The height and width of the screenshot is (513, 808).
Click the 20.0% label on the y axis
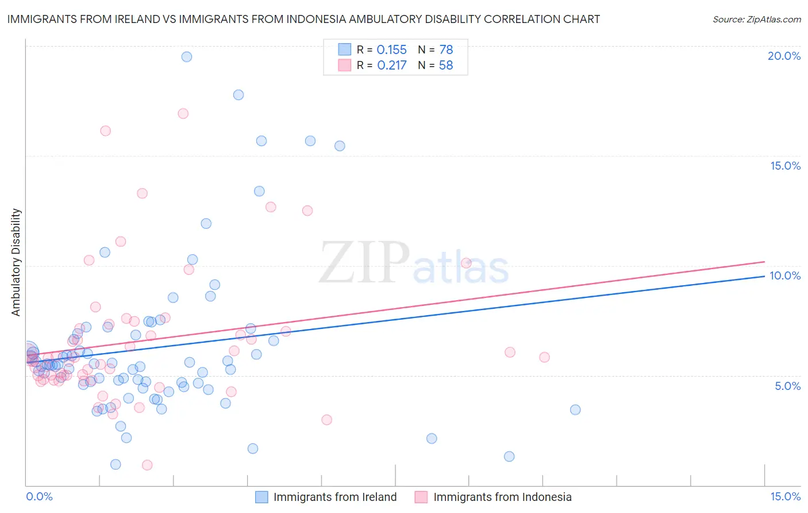tap(784, 56)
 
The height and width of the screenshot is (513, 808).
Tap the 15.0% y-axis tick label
tap(785, 166)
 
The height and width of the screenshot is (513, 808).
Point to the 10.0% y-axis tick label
tap(785, 275)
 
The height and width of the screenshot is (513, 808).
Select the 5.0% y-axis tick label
tap(787, 386)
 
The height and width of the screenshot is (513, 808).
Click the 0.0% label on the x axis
tap(39, 496)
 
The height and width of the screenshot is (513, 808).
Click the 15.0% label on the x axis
tap(785, 496)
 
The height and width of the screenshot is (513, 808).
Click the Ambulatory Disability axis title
tap(16, 262)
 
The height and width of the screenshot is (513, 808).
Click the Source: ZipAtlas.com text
tap(756, 19)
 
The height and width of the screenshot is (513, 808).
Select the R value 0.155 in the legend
tap(391, 50)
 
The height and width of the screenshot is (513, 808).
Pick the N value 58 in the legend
tap(446, 66)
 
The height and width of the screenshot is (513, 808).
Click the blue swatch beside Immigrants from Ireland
tap(261, 497)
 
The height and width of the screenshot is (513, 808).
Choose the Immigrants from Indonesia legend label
tap(502, 497)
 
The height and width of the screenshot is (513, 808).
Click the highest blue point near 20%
tap(187, 56)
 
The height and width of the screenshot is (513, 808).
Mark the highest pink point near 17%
tap(183, 113)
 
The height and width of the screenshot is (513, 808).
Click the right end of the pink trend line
tap(764, 262)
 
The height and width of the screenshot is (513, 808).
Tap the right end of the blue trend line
tap(764, 276)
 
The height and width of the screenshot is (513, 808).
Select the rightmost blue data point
tap(575, 409)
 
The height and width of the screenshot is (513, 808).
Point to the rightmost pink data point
tap(544, 357)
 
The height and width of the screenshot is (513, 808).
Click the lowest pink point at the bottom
tap(147, 465)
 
